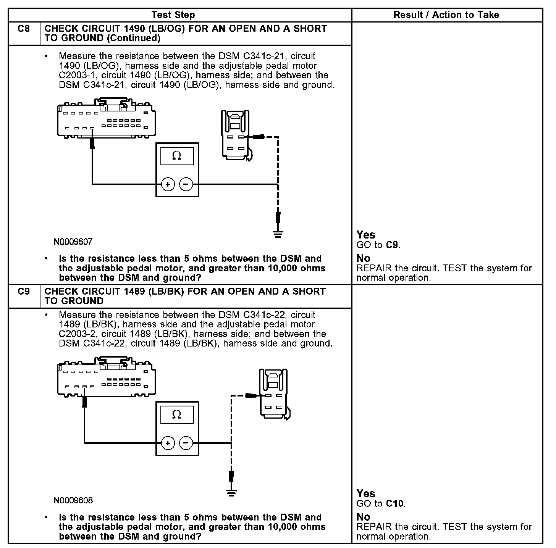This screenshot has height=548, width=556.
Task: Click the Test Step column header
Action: pyautogui.click(x=173, y=15)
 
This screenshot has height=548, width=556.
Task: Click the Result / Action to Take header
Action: pyautogui.click(x=446, y=15)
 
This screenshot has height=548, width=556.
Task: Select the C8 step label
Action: pyautogui.click(x=24, y=29)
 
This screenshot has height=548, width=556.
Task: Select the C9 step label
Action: pyautogui.click(x=24, y=292)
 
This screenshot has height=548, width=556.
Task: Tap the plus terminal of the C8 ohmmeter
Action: pyautogui.click(x=168, y=184)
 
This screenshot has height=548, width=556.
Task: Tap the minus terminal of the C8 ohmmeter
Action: pyautogui.click(x=186, y=184)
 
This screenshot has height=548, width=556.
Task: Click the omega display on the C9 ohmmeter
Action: pyautogui.click(x=177, y=414)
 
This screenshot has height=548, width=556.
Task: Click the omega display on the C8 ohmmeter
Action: pyautogui.click(x=177, y=155)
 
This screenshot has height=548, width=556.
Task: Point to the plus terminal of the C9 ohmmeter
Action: pyautogui.click(x=168, y=443)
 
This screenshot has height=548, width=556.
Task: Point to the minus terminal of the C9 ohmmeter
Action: pyautogui.click(x=186, y=443)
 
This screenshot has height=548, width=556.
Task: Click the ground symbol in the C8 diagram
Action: pyautogui.click(x=278, y=234)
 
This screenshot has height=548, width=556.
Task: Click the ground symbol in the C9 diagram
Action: pyautogui.click(x=231, y=493)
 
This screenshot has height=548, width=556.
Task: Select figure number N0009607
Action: pyautogui.click(x=73, y=242)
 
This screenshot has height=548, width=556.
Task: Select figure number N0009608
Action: pyautogui.click(x=73, y=500)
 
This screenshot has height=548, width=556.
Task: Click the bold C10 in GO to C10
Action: pyautogui.click(x=394, y=503)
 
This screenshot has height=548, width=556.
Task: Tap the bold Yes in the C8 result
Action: pyautogui.click(x=365, y=235)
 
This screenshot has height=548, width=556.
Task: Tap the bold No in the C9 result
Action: pyautogui.click(x=363, y=517)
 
